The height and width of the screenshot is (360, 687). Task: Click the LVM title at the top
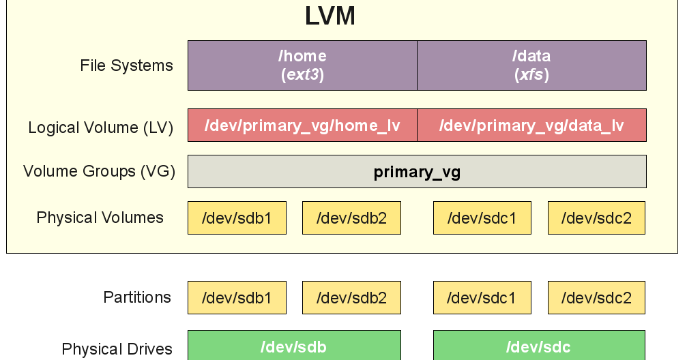coord(330,15)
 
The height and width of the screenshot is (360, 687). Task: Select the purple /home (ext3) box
coord(302,65)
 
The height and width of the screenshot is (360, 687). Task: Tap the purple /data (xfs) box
coord(531,65)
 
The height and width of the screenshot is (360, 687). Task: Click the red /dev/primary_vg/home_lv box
coord(302,125)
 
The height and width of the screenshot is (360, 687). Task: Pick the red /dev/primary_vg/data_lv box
coord(531,125)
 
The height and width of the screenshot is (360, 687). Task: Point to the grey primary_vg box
coord(417,172)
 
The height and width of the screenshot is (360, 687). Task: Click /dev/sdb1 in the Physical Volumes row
coord(237,218)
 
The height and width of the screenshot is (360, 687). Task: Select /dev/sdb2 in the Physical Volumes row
coord(351,218)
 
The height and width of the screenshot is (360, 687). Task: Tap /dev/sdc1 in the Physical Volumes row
coord(482,218)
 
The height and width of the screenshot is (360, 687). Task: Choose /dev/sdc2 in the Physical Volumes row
coord(596,218)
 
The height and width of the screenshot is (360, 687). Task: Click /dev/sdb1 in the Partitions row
coord(237,298)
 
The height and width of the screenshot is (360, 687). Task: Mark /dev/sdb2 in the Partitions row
coord(351,298)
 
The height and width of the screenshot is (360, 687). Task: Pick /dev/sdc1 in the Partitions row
coord(482,298)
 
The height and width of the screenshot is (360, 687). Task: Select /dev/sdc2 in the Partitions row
coord(596,298)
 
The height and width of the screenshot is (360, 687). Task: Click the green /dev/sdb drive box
coord(294,346)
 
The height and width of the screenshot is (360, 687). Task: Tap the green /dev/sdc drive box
coord(539,346)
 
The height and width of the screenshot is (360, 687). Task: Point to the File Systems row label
coord(126,66)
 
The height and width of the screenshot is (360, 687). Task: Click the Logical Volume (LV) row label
coord(100,127)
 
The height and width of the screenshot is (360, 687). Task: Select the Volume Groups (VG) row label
coord(99,171)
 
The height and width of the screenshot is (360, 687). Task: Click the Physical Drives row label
coord(117,350)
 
